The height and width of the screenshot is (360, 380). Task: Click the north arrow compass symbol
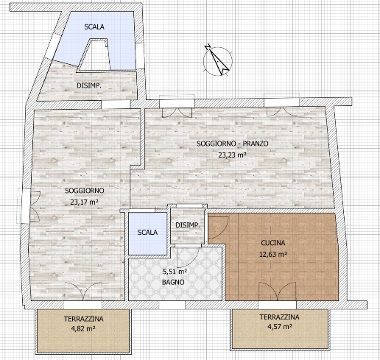click(x=218, y=60)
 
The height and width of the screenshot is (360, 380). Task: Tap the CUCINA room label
click(x=273, y=243)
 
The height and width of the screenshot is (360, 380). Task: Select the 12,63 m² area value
click(x=273, y=254)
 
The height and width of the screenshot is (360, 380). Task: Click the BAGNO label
click(x=173, y=282)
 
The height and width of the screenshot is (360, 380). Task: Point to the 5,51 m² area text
click(x=175, y=271)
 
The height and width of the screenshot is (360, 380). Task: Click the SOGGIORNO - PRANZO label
click(x=233, y=144)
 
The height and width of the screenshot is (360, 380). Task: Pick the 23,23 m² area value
click(x=233, y=155)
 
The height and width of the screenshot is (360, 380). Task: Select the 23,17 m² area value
click(x=85, y=202)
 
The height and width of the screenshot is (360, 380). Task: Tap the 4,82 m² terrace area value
click(x=83, y=328)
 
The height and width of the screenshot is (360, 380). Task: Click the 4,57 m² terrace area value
click(x=279, y=327)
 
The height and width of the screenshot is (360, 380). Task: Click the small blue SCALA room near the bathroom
click(x=148, y=233)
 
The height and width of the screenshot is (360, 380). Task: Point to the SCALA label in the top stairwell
click(x=94, y=27)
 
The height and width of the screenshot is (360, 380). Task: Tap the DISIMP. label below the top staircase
click(x=89, y=85)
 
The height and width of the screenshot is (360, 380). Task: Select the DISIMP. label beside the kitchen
click(x=188, y=225)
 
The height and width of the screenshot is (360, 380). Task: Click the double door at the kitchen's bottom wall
click(x=278, y=292)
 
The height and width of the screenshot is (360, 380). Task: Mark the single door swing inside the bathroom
click(x=188, y=257)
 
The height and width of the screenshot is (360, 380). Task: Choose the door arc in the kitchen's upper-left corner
click(x=219, y=226)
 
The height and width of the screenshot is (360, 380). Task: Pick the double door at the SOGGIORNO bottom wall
click(x=83, y=291)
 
